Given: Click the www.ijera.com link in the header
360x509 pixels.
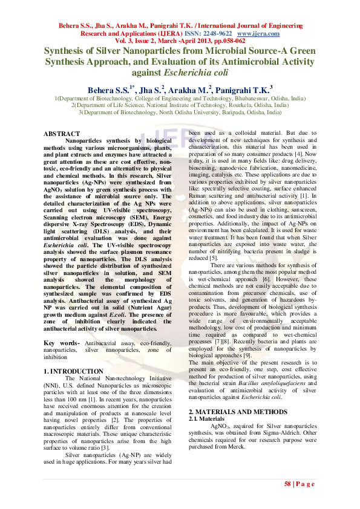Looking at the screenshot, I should [261, 34].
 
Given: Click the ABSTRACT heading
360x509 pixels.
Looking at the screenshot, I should [62, 133].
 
